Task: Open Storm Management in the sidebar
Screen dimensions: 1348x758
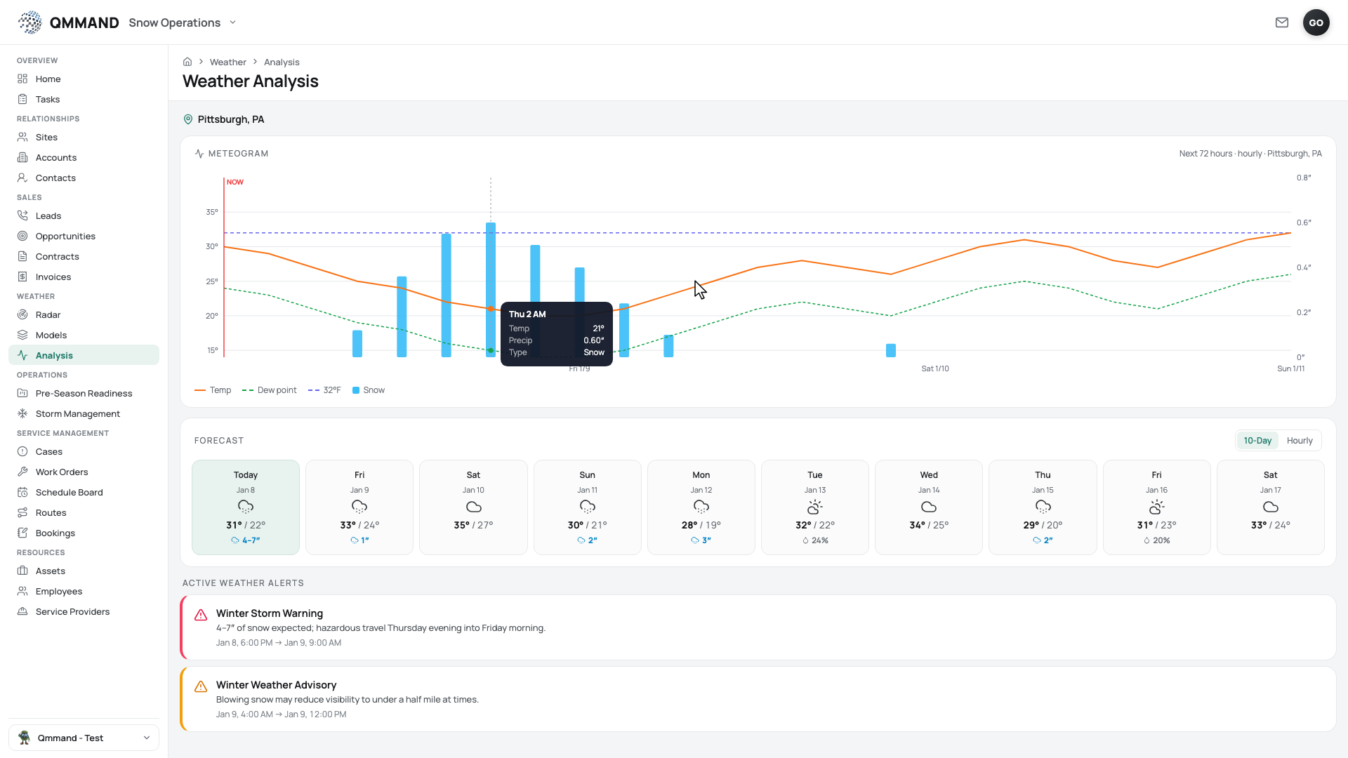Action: (x=77, y=414)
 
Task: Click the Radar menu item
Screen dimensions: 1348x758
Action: (x=48, y=315)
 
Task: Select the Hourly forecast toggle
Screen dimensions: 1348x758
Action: (x=1299, y=441)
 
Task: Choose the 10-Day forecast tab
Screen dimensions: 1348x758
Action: (x=1257, y=441)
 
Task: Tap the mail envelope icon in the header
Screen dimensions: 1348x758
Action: (x=1282, y=22)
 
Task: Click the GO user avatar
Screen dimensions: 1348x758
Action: (x=1316, y=22)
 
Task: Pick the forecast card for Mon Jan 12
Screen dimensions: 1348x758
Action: (x=701, y=507)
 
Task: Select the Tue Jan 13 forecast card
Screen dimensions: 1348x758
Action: (x=815, y=507)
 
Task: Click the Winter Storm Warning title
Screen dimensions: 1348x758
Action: (x=270, y=613)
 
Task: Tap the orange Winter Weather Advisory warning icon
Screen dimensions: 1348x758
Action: (x=201, y=686)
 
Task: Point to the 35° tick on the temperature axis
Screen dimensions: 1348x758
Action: (x=212, y=212)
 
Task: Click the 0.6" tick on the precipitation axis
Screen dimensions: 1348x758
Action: (x=1304, y=222)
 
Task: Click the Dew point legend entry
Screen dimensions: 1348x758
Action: (x=270, y=390)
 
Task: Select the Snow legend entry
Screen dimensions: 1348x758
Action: (x=369, y=390)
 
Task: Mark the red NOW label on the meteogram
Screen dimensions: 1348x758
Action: (x=235, y=182)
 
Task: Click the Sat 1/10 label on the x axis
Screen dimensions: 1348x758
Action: (x=935, y=368)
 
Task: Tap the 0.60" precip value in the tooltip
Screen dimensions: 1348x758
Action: (x=594, y=340)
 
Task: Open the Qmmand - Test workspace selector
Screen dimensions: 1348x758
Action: (x=84, y=738)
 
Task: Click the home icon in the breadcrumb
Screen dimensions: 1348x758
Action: (x=187, y=62)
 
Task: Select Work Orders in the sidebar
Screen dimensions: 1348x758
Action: (x=62, y=472)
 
